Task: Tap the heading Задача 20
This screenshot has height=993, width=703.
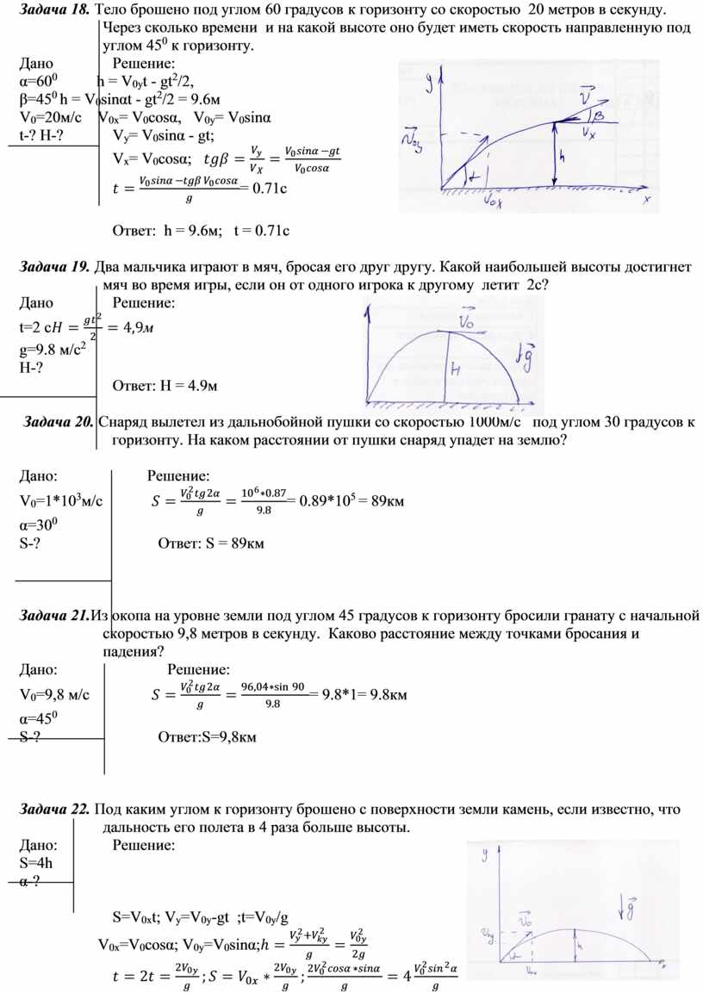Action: (x=59, y=422)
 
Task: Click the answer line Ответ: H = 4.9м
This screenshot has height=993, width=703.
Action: (x=165, y=384)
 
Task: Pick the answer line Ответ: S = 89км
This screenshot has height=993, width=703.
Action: (x=211, y=543)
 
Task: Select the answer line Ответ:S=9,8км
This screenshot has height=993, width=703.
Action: (x=208, y=736)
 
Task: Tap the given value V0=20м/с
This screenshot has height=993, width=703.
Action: (x=50, y=118)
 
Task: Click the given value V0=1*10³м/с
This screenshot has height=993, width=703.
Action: (x=61, y=501)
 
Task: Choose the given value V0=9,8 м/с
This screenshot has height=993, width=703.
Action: (x=55, y=694)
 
